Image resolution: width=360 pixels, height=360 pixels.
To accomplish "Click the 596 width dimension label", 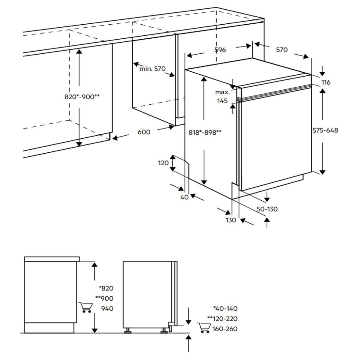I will pyautogui.click(x=220, y=50).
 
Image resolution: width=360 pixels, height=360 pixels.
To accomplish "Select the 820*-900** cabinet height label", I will pyautogui.click(x=82, y=97).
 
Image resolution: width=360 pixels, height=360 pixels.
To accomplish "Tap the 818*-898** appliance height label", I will pyautogui.click(x=205, y=132).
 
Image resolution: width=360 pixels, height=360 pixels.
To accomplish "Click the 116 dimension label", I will pyautogui.click(x=326, y=82).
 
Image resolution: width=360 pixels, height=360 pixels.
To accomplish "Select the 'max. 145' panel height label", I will pyautogui.click(x=222, y=96).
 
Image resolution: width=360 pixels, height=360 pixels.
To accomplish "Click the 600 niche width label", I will pyautogui.click(x=144, y=132).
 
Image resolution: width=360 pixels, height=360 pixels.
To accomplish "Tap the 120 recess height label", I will pyautogui.click(x=163, y=163).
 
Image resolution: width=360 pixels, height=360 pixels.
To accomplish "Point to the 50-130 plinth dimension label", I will pyautogui.click(x=267, y=209).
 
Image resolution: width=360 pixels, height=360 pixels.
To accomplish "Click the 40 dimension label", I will pyautogui.click(x=184, y=197).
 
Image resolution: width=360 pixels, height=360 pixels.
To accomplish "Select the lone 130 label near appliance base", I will pyautogui.click(x=231, y=220).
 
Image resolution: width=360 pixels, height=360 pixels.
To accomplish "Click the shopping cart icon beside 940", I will pyautogui.click(x=86, y=307).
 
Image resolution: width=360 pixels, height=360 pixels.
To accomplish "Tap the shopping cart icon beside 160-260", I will pyautogui.click(x=204, y=328).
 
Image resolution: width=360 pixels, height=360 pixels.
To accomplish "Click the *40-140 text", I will pyautogui.click(x=225, y=309).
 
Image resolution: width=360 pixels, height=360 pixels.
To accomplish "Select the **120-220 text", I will pyautogui.click(x=222, y=319).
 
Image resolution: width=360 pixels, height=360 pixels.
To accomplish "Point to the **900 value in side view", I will pyautogui.click(x=104, y=298).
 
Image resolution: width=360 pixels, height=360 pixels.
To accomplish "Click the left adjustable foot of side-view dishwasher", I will pyautogui.click(x=128, y=330).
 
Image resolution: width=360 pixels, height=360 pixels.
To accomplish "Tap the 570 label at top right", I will pyautogui.click(x=282, y=50).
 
